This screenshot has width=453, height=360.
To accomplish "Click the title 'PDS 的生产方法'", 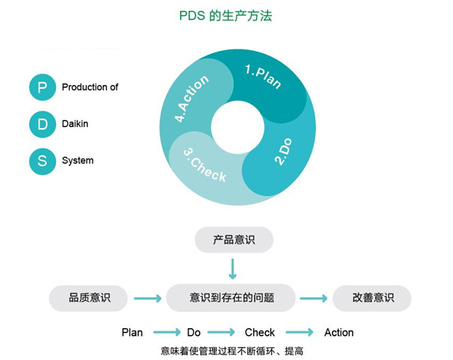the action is [226, 16].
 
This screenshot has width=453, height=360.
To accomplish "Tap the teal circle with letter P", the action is [42, 87].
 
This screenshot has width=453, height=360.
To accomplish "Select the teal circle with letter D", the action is [42, 124].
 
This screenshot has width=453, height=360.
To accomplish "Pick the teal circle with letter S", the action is [42, 161].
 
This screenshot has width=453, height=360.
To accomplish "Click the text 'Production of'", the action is [90, 87].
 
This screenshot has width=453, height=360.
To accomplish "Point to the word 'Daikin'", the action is [75, 124].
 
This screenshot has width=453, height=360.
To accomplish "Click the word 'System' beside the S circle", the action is [78, 161].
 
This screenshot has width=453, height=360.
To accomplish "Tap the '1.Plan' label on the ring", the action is [263, 77].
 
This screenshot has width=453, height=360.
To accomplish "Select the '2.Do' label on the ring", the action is [283, 152].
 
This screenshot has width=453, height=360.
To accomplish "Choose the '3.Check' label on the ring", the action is [205, 165].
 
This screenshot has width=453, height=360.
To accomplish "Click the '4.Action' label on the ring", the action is [191, 99].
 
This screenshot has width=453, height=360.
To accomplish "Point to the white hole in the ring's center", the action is [237, 127].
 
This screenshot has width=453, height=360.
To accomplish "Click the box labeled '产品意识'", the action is [234, 239].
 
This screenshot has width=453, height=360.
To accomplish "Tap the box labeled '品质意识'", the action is [89, 298].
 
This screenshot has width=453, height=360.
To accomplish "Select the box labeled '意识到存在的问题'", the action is [231, 298].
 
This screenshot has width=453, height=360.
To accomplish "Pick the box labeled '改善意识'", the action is [372, 298].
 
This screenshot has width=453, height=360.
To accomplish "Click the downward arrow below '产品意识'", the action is [233, 269].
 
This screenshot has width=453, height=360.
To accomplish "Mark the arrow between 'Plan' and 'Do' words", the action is [167, 332].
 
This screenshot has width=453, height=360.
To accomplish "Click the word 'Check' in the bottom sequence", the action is [260, 333].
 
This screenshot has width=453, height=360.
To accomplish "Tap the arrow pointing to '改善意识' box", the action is [314, 298].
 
